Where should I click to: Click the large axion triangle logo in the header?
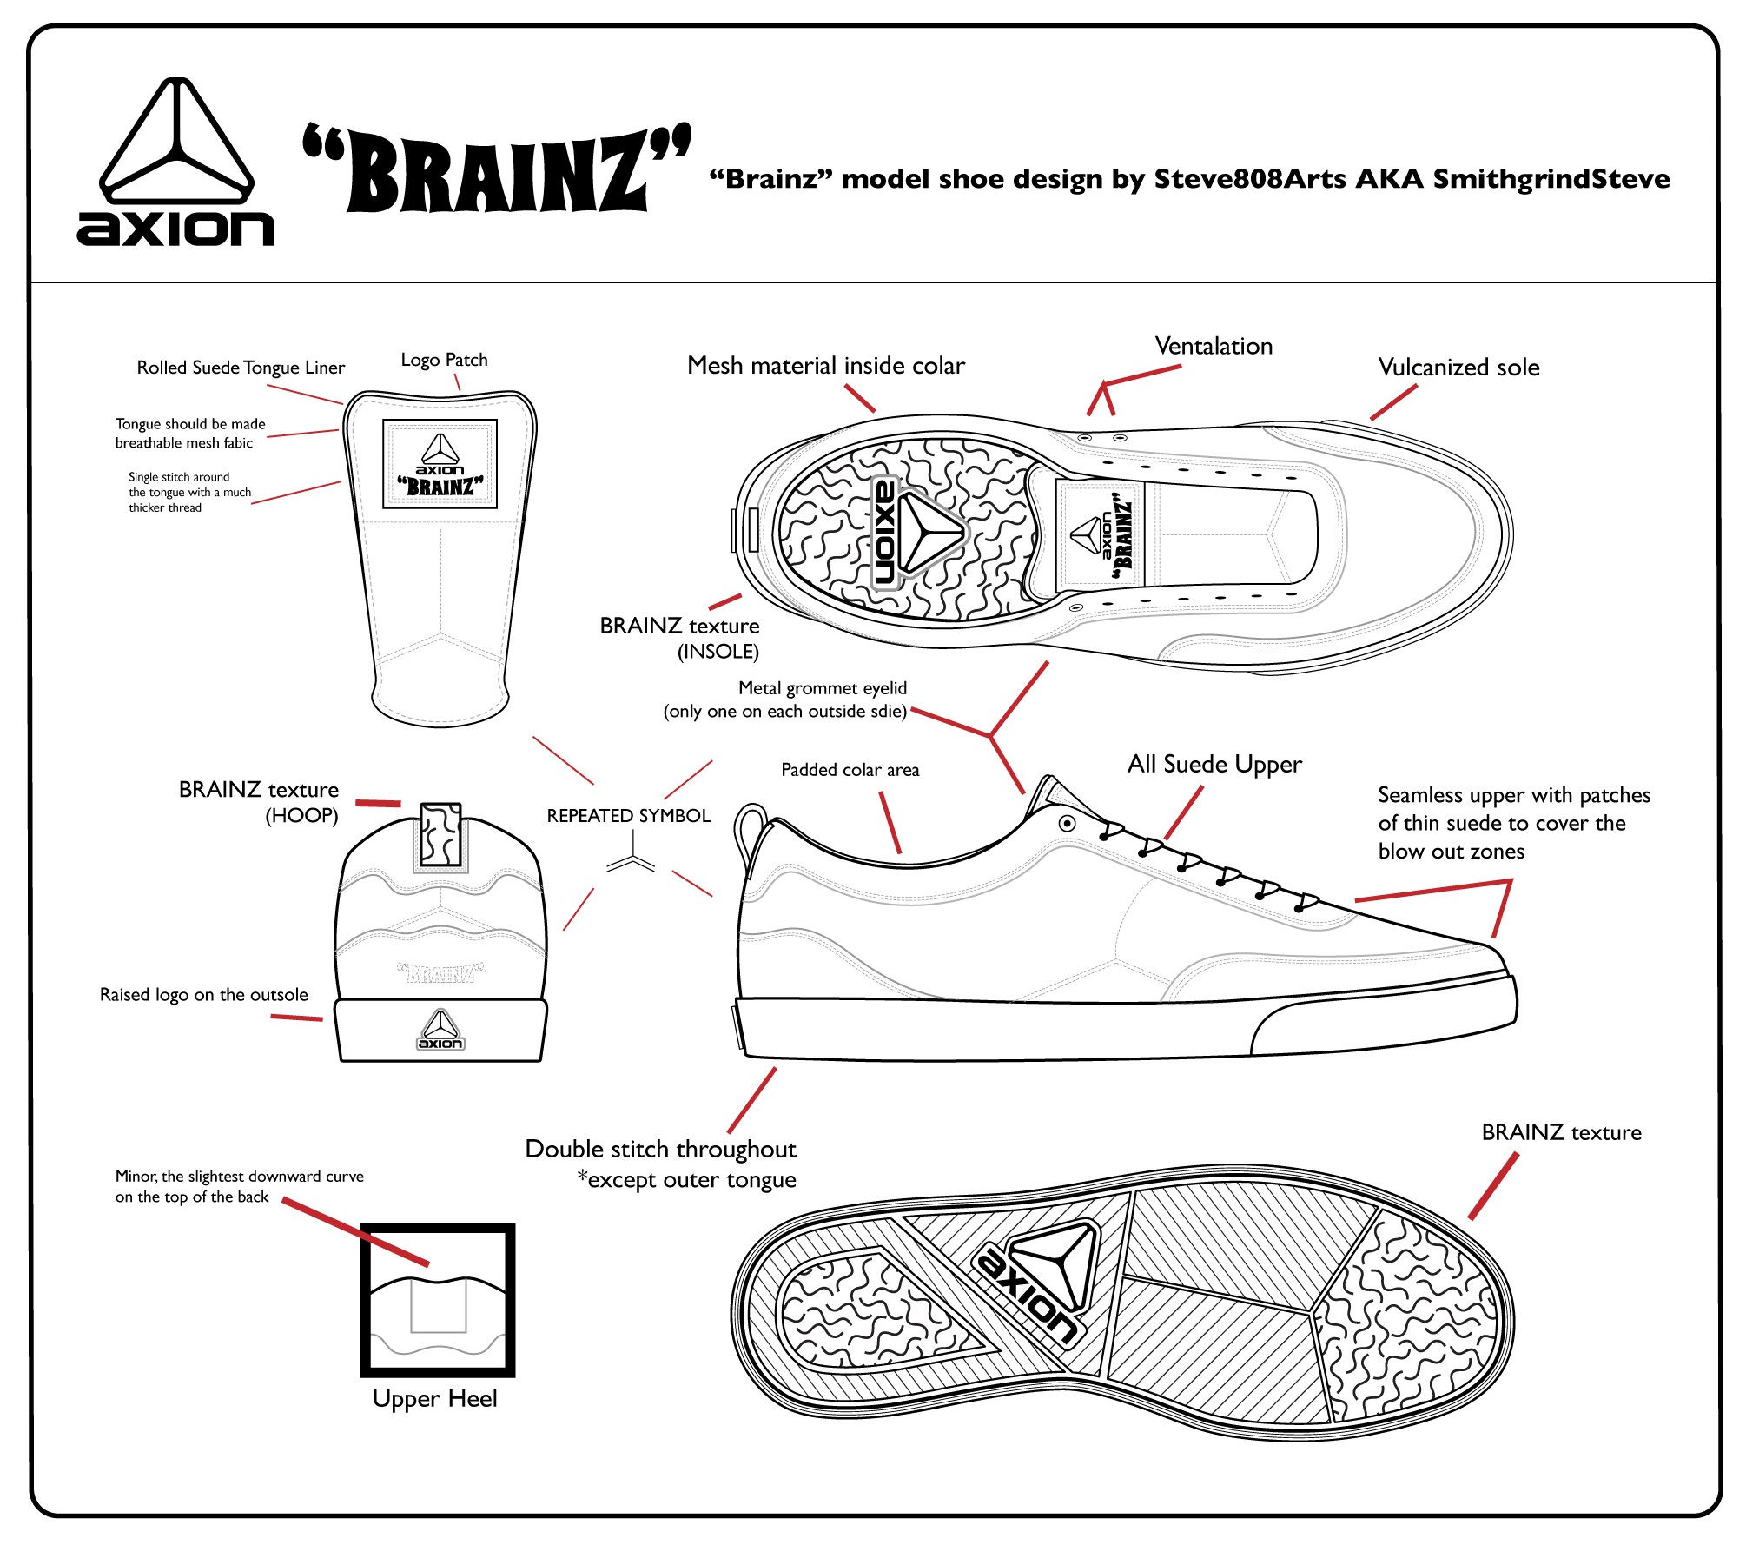click(x=176, y=142)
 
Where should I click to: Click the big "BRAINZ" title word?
click(x=497, y=170)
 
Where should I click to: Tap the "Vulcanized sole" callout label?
click(x=1458, y=368)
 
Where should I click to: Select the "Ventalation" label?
click(x=1213, y=346)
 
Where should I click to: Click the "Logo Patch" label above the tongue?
click(x=444, y=360)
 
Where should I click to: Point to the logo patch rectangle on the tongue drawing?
click(x=440, y=463)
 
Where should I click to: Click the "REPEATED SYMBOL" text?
click(x=628, y=816)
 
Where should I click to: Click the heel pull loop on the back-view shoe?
click(x=440, y=834)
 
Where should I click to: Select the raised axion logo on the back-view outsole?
click(x=440, y=1031)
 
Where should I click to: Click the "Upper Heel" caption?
click(x=434, y=1398)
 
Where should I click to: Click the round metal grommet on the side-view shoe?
click(x=1068, y=823)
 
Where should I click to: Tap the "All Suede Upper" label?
click(x=1214, y=764)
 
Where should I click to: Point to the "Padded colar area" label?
click(x=850, y=770)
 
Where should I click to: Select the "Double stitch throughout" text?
click(x=660, y=1149)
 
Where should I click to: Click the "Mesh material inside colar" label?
click(x=825, y=366)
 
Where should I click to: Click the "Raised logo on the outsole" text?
click(x=203, y=995)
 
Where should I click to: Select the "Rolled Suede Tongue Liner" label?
click(x=241, y=368)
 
